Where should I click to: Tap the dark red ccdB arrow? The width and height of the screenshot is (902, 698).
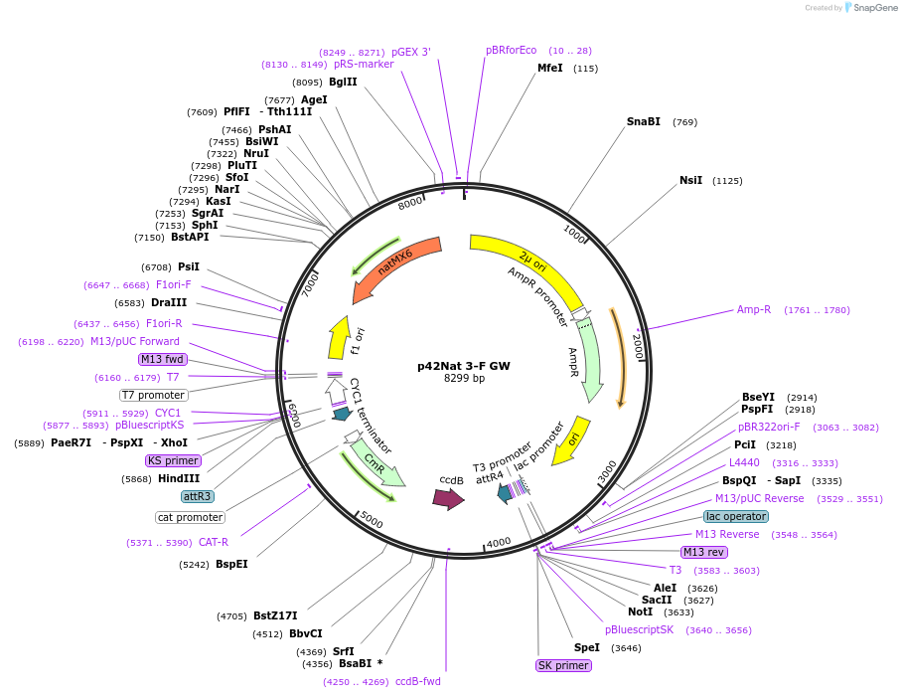(448, 499)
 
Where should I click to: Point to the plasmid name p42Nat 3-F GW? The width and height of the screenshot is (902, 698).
(464, 366)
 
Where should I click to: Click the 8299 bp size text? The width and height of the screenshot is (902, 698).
(464, 379)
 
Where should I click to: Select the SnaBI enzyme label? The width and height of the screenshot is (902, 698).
(643, 122)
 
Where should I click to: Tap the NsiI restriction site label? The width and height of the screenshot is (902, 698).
(690, 181)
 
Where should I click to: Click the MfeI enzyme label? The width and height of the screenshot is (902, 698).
(549, 69)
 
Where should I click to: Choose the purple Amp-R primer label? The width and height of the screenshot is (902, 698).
(754, 310)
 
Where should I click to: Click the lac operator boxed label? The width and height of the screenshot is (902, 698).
(735, 517)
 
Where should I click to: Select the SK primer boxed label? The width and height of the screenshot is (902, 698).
(563, 665)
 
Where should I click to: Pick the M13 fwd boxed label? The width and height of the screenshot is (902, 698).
(163, 359)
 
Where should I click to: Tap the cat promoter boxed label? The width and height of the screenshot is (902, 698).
(190, 517)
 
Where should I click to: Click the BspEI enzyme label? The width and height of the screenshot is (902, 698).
(231, 564)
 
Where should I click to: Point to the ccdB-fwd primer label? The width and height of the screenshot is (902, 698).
(417, 681)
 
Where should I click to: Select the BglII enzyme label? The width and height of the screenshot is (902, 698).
(343, 83)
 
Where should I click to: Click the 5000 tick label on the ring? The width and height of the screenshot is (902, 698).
(372, 519)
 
